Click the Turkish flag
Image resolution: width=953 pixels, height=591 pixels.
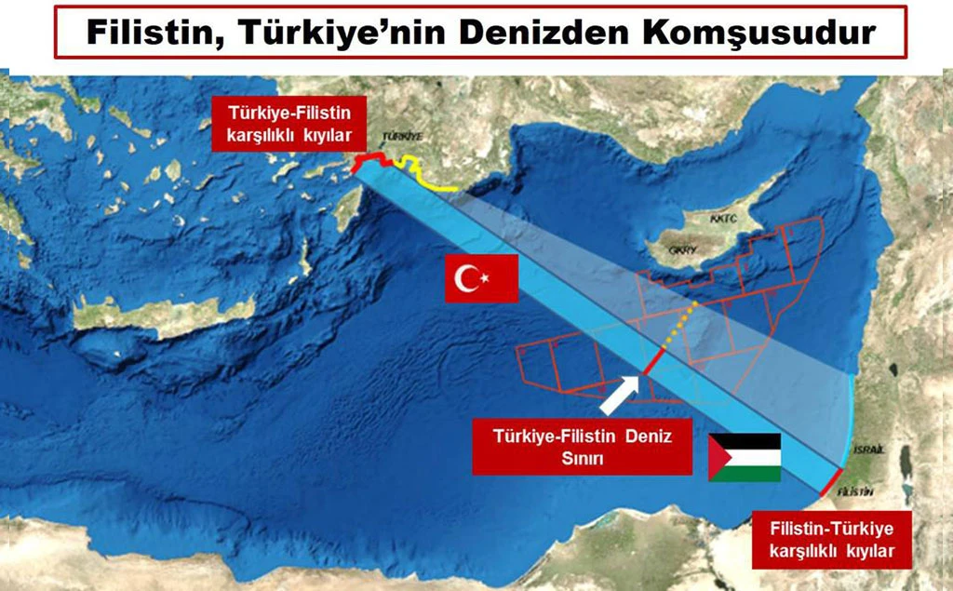(481, 276)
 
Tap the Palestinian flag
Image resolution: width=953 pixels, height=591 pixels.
(744, 457)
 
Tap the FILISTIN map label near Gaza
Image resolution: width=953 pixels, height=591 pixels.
(855, 490)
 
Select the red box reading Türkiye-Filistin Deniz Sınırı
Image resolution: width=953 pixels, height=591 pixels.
(582, 446)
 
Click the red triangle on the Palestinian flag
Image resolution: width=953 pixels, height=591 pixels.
(718, 457)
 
